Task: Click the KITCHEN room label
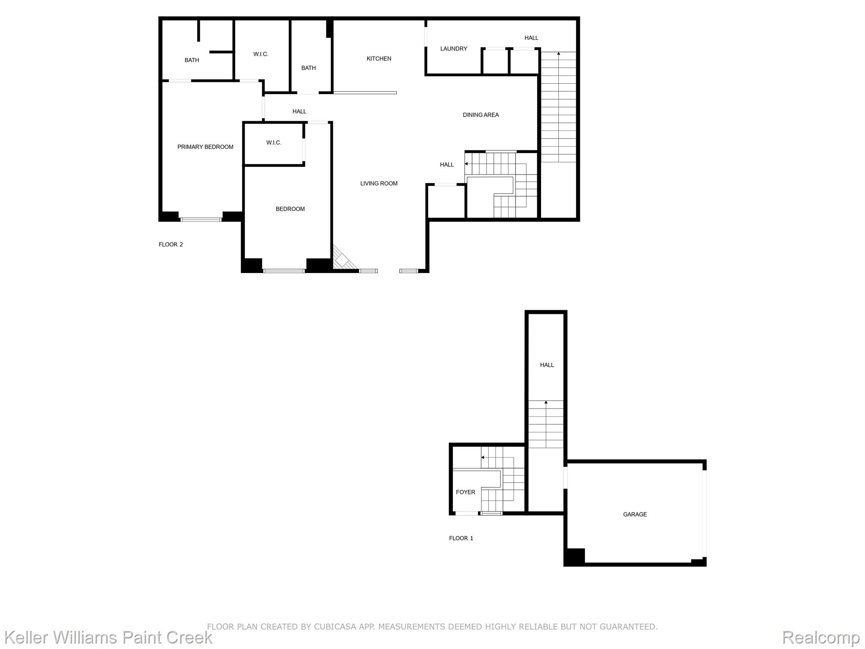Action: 378,59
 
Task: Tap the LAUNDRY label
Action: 454,49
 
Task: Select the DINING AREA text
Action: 481,115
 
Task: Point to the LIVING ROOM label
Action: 378,183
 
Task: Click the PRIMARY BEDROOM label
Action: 205,147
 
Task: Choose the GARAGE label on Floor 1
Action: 635,514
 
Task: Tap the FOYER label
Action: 465,492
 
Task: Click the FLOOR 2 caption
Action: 171,245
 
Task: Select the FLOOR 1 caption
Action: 461,538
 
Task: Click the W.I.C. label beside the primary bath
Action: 261,54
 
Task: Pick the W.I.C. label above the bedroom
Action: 274,143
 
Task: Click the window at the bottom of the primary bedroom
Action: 201,219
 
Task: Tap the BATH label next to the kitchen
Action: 308,68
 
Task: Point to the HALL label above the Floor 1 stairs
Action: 547,365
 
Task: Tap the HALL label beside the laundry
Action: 531,38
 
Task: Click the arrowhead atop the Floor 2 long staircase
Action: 558,54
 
